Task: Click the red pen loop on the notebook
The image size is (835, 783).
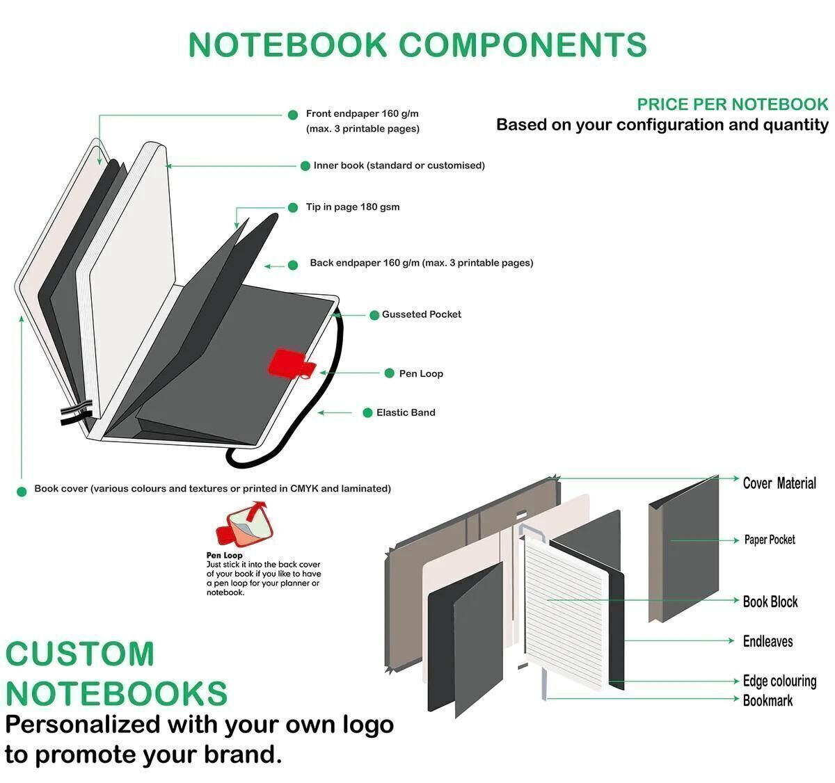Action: (x=290, y=363)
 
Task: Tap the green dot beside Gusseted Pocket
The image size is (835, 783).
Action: (x=374, y=315)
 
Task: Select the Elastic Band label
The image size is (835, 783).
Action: (x=406, y=413)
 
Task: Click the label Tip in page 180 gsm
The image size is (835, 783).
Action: (x=352, y=207)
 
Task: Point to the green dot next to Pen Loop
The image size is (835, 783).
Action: (x=390, y=373)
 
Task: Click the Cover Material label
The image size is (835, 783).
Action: (x=779, y=483)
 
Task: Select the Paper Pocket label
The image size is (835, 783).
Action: (x=770, y=540)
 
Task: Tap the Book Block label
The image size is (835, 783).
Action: (x=770, y=602)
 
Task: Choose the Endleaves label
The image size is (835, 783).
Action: (x=768, y=641)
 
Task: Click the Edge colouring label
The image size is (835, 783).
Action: (x=779, y=681)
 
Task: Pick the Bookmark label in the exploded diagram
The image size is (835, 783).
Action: (x=768, y=701)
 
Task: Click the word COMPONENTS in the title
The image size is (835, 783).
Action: (x=523, y=45)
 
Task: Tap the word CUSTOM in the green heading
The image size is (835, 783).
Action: (x=80, y=654)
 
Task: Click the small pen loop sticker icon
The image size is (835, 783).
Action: (x=245, y=524)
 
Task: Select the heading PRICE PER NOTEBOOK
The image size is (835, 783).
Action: (x=733, y=104)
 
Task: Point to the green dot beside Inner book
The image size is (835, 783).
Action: (x=305, y=166)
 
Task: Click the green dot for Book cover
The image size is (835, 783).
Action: (x=22, y=492)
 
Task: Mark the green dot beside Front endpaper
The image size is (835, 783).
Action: (x=293, y=115)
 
